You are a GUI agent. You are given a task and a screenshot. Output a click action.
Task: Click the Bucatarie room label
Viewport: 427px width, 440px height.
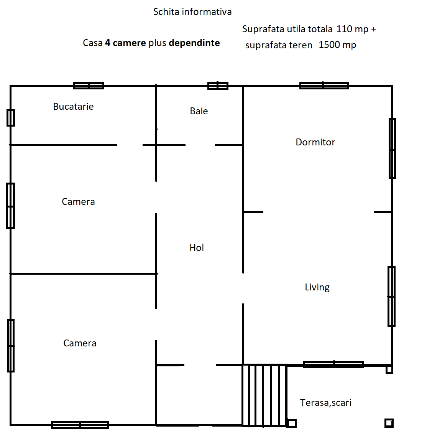(73, 106)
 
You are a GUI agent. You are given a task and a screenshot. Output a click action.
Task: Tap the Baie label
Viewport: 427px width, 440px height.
(199, 111)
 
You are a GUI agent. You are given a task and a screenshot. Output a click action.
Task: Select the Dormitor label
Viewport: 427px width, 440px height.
(315, 142)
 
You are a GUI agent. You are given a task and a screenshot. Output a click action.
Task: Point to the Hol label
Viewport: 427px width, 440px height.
(197, 247)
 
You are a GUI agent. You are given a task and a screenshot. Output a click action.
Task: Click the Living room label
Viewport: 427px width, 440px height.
(317, 287)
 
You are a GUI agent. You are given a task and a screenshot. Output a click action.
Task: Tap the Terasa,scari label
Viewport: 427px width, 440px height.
(325, 403)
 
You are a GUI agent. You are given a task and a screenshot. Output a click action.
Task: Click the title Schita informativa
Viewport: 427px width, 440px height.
(192, 12)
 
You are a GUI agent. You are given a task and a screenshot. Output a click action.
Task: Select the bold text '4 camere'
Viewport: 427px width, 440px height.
(125, 43)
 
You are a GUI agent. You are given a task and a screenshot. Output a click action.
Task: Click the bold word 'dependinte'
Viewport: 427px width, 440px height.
(194, 43)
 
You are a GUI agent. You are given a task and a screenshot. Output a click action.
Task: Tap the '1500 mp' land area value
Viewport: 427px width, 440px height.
(337, 44)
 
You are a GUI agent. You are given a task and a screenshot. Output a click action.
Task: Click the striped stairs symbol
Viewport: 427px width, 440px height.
(264, 395)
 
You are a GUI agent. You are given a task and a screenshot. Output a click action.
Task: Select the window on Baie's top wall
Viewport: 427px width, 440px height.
(218, 86)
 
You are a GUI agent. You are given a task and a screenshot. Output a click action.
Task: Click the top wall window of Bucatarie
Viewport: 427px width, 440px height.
(89, 86)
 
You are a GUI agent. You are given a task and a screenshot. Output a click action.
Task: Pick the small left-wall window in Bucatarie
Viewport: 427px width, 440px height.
(11, 118)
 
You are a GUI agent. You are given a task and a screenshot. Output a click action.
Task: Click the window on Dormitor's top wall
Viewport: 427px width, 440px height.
(324, 86)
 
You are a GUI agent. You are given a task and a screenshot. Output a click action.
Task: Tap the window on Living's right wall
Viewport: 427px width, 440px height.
(391, 297)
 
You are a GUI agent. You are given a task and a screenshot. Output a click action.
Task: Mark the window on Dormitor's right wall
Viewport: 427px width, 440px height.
(392, 148)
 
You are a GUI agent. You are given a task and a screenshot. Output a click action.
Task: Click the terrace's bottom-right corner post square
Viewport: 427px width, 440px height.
(389, 423)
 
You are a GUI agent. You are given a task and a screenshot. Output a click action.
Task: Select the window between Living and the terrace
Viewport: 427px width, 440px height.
(333, 364)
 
